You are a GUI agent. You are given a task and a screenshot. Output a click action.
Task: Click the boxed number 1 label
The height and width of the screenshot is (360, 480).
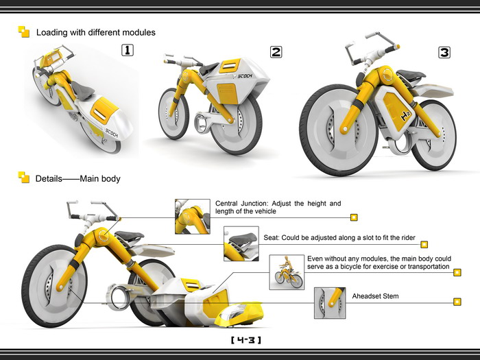[127, 49]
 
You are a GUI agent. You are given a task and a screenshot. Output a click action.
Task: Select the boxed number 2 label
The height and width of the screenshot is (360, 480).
[276, 51]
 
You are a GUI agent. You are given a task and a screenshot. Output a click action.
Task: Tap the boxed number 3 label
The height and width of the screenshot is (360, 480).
[444, 52]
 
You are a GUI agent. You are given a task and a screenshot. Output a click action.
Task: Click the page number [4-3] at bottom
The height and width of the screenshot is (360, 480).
[246, 339]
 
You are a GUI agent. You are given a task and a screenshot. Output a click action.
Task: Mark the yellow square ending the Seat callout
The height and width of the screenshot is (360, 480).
[424, 243]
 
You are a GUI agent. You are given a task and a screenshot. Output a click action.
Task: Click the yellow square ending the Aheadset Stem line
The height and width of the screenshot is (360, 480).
[456, 301]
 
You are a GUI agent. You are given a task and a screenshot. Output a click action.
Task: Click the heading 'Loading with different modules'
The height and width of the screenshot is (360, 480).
[95, 32]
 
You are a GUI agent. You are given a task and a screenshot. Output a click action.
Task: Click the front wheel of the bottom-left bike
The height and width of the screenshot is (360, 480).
[54, 285]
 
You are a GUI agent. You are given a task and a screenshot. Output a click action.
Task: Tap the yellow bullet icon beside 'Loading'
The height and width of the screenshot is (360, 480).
[24, 32]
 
